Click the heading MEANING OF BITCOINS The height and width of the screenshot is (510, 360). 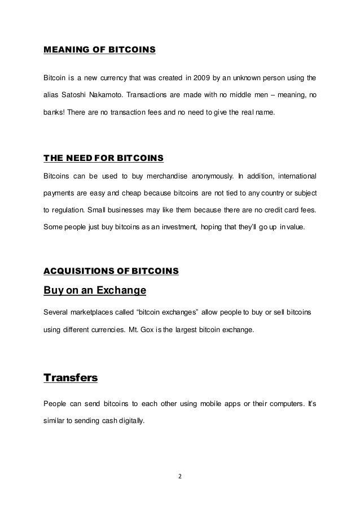pyautogui.click(x=99, y=51)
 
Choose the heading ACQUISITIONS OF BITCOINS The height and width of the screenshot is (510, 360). pyautogui.click(x=111, y=271)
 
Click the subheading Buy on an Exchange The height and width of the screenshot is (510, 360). pyautogui.click(x=95, y=291)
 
